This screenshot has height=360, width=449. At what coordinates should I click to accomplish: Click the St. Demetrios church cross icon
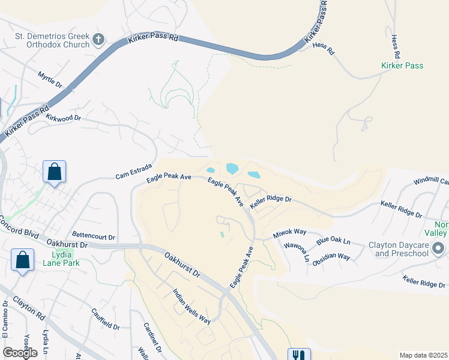(98, 40)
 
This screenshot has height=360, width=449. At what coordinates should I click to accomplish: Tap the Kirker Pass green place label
(403, 65)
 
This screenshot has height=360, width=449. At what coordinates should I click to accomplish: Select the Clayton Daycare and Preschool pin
(438, 248)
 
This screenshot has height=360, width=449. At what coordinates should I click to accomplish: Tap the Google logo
(20, 353)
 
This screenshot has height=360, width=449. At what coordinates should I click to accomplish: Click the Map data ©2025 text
(423, 355)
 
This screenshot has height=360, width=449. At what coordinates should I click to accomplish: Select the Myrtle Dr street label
(50, 80)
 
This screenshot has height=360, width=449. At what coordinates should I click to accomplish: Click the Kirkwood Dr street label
(62, 118)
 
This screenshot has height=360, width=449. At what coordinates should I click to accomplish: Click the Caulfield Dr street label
(106, 319)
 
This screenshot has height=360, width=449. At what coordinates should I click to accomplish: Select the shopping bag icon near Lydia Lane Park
(23, 262)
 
